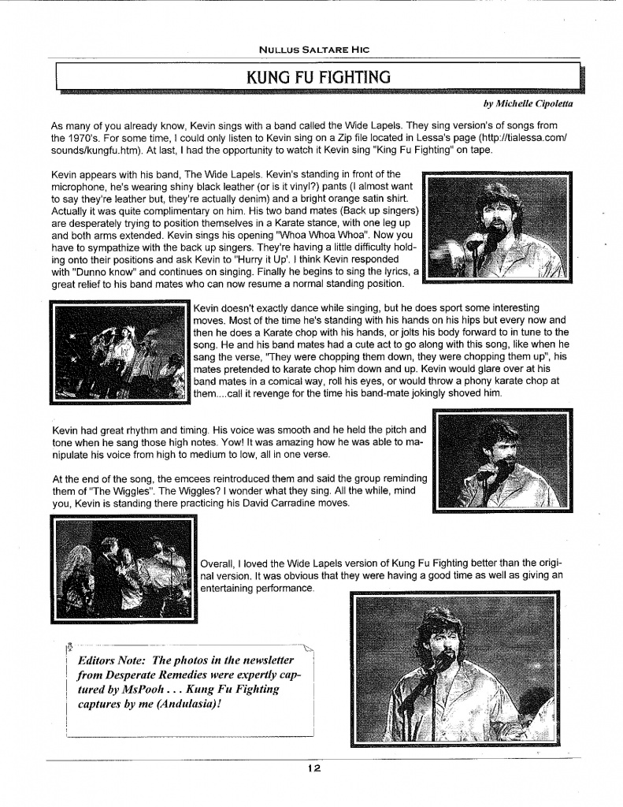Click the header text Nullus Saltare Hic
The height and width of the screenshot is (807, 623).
coord(314,49)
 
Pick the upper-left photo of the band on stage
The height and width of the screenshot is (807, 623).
coord(121,351)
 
